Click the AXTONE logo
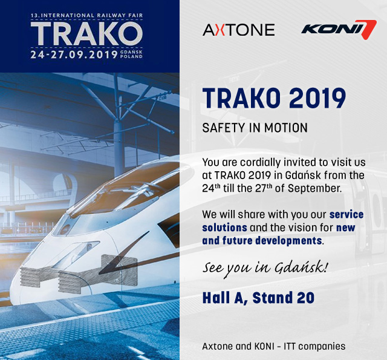[238, 30]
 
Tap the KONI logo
[339, 30]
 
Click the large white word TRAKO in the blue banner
[86, 34]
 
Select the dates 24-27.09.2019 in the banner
[74, 54]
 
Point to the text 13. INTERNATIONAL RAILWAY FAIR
[86, 15]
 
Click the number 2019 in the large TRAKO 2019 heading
[317, 98]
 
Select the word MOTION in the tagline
[286, 128]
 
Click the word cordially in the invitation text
[261, 163]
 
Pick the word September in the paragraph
[314, 188]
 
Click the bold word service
[346, 214]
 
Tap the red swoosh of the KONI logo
[368, 30]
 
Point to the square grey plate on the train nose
[119, 270]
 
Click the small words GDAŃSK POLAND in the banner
[131, 54]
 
